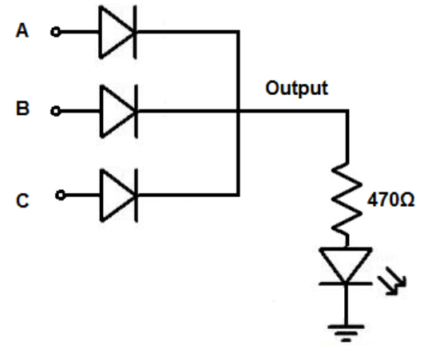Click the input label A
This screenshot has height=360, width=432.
coord(22,30)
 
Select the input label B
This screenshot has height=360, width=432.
coord(22,109)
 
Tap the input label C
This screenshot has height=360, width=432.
coord(22,200)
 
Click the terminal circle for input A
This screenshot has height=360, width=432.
coord(56,32)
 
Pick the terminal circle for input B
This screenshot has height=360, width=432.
coord(56,111)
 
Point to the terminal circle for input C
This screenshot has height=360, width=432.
coord(61,195)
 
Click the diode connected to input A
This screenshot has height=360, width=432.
coord(117,32)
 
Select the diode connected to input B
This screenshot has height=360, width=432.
coord(119,111)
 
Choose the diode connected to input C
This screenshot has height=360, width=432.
coord(119,195)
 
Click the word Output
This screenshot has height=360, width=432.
coord(297,88)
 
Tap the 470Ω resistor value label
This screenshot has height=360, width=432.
coord(390,200)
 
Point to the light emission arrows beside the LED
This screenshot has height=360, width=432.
coord(392,281)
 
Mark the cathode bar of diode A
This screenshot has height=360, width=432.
coord(135,32)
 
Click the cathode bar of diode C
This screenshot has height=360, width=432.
coord(136,195)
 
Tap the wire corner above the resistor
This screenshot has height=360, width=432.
coord(347,111)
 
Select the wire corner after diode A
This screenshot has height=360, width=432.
coord(238,32)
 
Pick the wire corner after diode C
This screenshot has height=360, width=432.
coord(238,195)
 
